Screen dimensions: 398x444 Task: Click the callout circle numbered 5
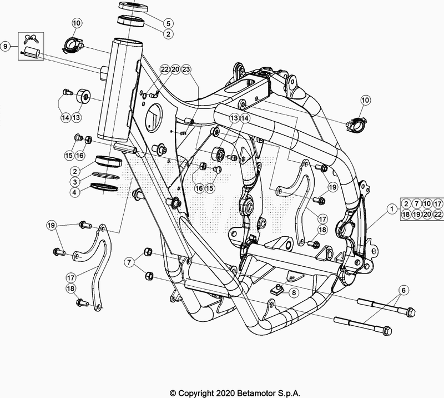(168, 23)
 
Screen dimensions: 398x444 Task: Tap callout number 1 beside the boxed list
(392, 210)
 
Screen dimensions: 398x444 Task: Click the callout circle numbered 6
(403, 290)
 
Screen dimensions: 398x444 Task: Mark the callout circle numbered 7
(129, 261)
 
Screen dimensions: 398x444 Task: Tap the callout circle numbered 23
(186, 69)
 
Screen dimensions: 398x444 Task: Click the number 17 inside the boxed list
(438, 204)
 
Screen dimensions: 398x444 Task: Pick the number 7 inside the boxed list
(417, 204)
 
